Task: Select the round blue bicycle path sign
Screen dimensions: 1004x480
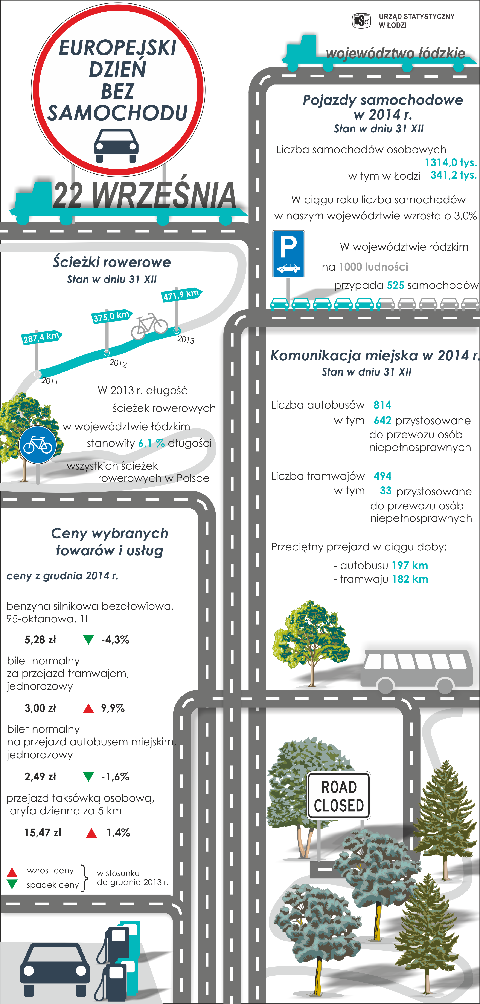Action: coord(38,444)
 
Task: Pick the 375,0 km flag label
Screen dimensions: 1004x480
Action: coord(111,316)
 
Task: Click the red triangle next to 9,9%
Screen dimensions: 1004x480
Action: coord(89,708)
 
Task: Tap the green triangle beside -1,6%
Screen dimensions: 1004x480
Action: coord(89,777)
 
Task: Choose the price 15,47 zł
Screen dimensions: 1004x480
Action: coord(43,833)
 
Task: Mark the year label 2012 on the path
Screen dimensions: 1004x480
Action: coord(118,363)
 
